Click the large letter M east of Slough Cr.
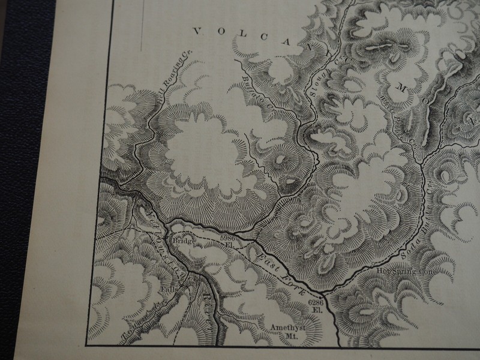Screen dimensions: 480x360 (400, 89)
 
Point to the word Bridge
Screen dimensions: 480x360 (184, 241)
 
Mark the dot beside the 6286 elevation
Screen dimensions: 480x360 (325, 295)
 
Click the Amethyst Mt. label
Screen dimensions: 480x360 (286, 331)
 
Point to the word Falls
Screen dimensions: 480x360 (167, 289)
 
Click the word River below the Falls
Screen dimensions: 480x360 (206, 307)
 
